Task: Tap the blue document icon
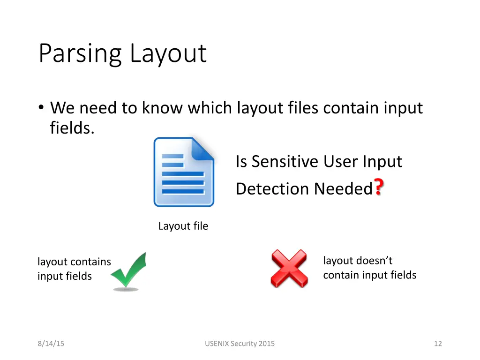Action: (184, 172)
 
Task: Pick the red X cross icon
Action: (289, 269)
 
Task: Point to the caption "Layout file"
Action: (183, 226)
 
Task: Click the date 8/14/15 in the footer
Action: (51, 344)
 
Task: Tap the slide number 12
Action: (438, 344)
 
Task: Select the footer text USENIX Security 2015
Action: (240, 344)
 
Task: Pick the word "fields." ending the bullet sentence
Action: (72, 127)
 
